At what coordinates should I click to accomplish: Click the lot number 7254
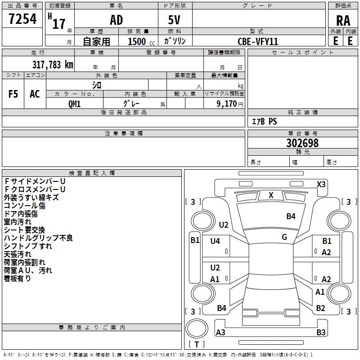22,19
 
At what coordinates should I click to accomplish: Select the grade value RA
343,21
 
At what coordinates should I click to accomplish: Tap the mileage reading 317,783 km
53,64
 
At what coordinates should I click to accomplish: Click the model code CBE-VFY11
258,41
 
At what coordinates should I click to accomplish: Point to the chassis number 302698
302,143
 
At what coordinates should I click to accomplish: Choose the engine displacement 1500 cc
141,41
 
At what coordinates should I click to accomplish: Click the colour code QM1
74,104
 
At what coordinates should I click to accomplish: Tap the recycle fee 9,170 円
230,104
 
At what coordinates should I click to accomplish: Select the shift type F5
13,94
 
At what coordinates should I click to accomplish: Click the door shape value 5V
174,20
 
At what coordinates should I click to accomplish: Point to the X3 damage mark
321,184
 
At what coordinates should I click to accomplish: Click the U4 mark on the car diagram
215,241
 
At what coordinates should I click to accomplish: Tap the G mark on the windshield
284,237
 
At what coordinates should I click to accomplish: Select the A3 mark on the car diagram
220,332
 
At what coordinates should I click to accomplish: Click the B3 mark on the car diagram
321,332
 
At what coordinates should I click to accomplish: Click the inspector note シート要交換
24,230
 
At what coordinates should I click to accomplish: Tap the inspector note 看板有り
17,278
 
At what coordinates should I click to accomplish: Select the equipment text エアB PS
264,121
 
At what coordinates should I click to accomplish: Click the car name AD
117,20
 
